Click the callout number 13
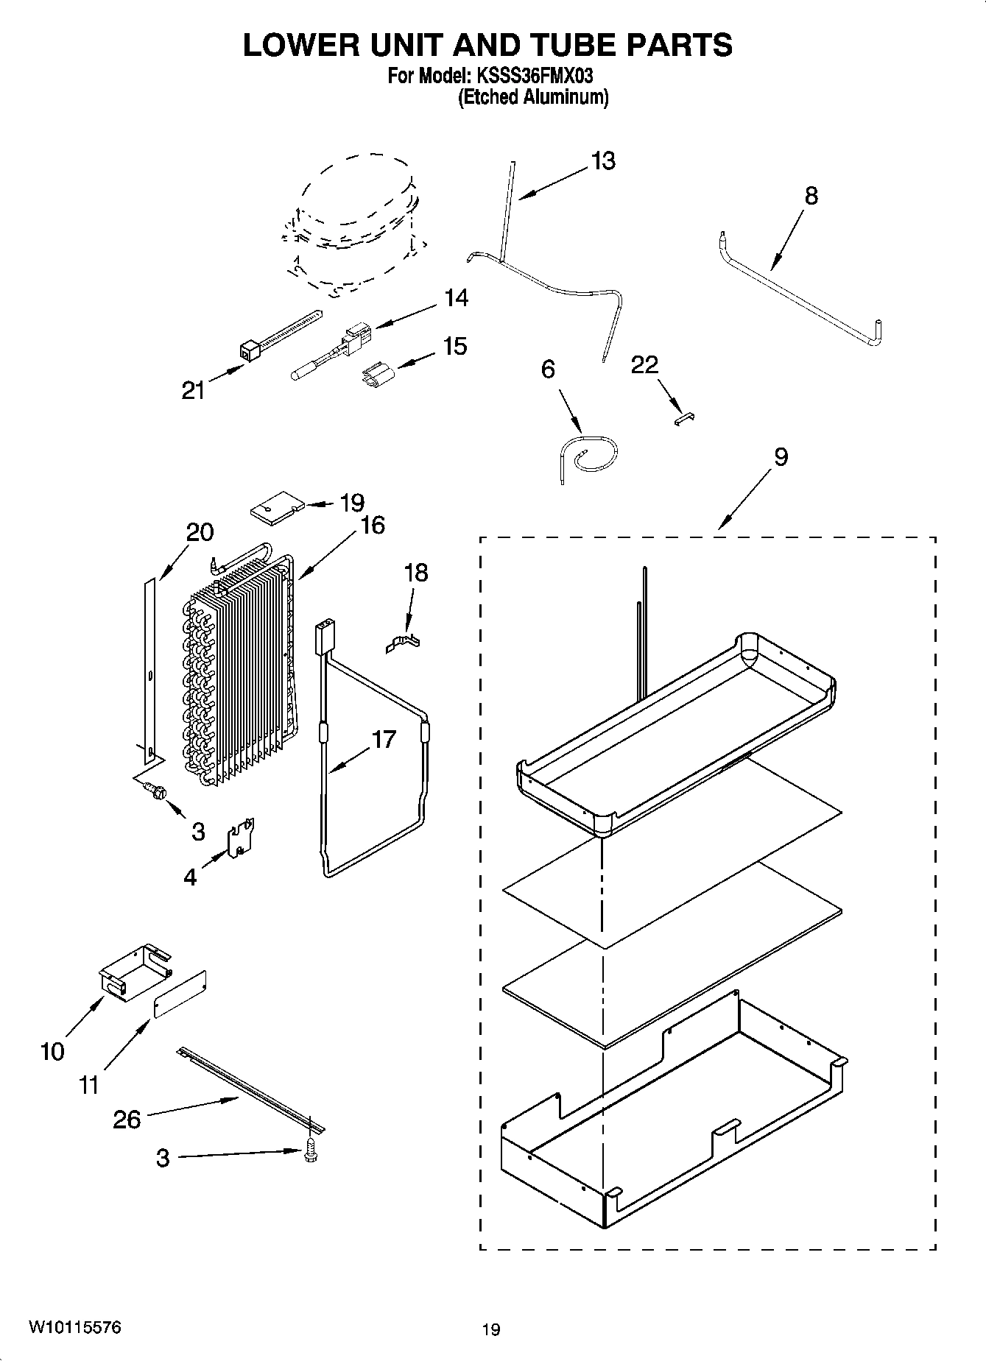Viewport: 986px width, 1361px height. pos(603,161)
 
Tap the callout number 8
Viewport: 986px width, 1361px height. pos(811,196)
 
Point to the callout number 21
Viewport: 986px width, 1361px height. pos(194,390)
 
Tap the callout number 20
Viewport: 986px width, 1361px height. pos(200,531)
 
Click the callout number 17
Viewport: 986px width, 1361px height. pos(384,738)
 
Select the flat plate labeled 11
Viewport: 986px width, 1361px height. pos(180,993)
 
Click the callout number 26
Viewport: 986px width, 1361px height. pos(127,1120)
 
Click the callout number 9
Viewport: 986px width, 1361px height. pos(781,457)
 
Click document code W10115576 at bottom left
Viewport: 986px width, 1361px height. pos(75,1327)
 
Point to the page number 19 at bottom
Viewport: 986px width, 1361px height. pos(491,1329)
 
